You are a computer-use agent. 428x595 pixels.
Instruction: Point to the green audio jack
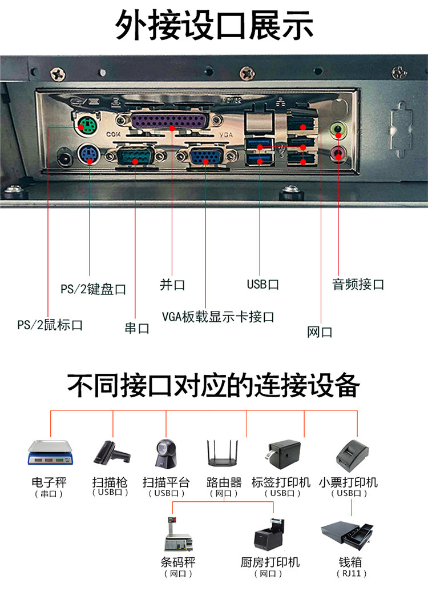[x=340, y=130]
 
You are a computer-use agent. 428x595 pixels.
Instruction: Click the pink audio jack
[x=340, y=153]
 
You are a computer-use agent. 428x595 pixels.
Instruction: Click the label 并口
[x=172, y=285]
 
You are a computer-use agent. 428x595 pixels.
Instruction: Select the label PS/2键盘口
[x=93, y=289]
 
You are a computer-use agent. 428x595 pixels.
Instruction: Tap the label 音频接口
[x=358, y=285]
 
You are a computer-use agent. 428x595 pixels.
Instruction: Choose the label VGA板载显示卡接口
[x=218, y=317]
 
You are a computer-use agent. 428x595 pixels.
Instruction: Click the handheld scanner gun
[x=111, y=452]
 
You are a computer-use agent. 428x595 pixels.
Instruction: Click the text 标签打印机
[x=281, y=482]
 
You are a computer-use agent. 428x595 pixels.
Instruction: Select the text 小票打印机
[x=348, y=482]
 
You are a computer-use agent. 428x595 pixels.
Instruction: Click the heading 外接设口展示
[x=214, y=26]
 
